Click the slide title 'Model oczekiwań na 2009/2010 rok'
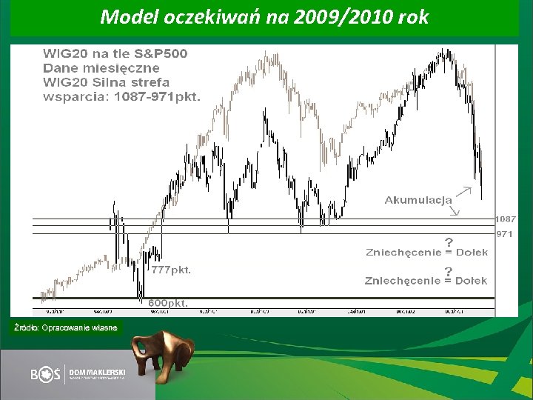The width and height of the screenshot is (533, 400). click(264, 17)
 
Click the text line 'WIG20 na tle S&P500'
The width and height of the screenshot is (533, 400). click(115, 54)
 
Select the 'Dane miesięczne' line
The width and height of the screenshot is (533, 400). click(101, 68)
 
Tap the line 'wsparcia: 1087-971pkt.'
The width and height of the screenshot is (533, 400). click(121, 96)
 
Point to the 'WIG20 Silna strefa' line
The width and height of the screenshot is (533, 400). click(106, 82)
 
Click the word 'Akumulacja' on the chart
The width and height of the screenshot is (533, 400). click(418, 200)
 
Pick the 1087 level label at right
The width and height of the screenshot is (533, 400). click(506, 219)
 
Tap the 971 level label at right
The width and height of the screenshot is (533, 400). click(505, 234)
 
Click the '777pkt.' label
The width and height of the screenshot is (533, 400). click(171, 270)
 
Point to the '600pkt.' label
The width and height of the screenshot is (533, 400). click(168, 303)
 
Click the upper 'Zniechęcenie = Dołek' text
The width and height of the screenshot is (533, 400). click(427, 252)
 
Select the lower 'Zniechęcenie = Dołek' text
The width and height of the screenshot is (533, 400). click(426, 281)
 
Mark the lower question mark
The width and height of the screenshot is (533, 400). click(449, 271)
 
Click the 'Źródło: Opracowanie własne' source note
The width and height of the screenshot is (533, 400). click(64, 327)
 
